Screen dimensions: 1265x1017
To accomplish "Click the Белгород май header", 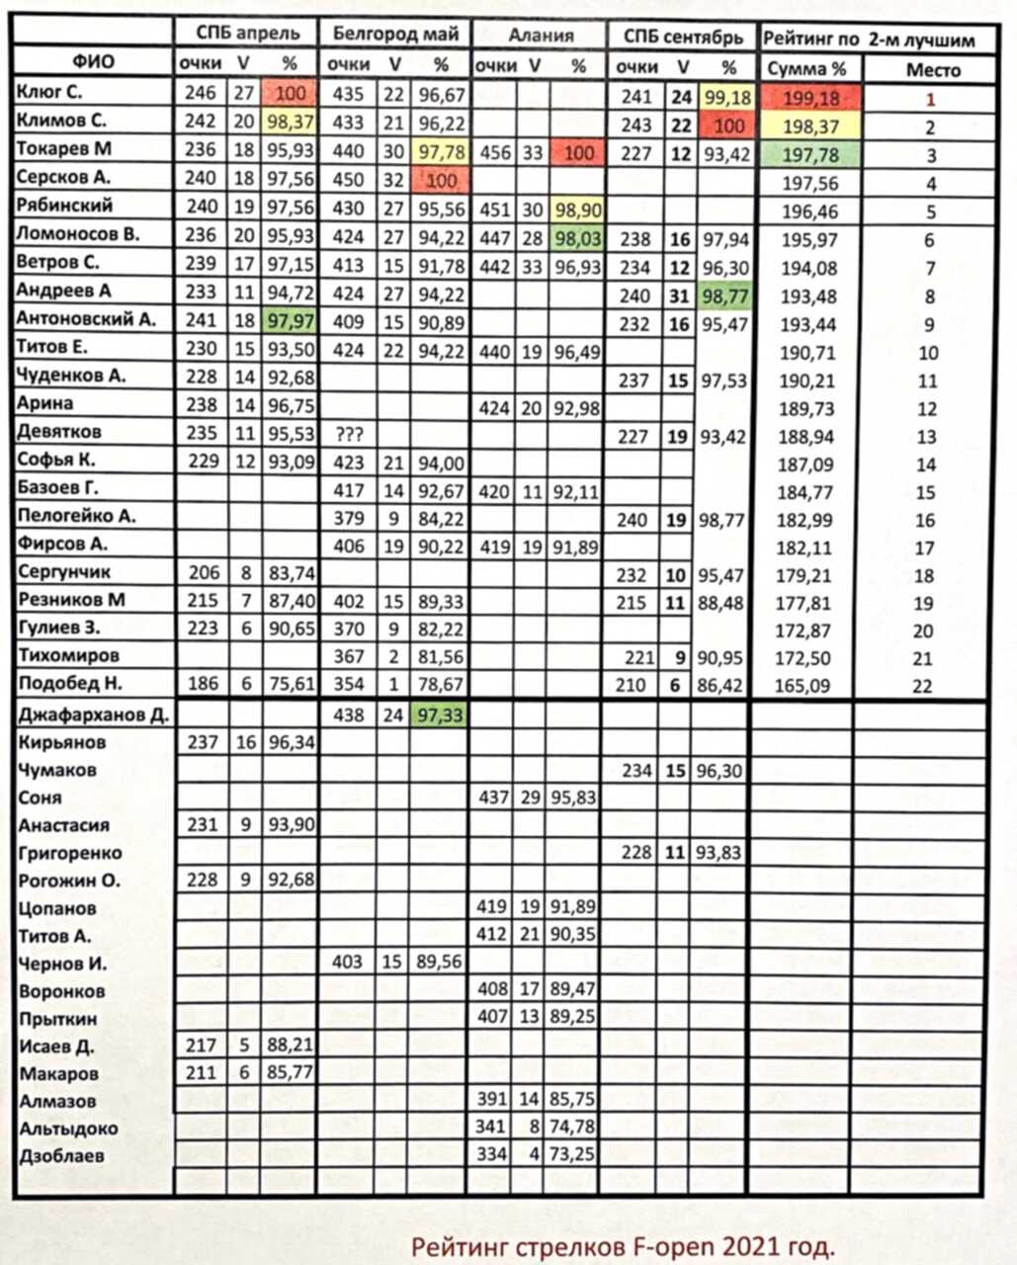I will (395, 35).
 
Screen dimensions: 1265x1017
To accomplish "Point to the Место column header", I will (932, 70).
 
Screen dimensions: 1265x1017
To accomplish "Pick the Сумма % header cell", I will (806, 70).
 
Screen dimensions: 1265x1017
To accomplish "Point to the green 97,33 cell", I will (440, 716).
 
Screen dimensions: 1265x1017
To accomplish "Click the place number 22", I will (922, 686).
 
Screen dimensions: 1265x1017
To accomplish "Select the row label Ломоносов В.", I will (78, 234).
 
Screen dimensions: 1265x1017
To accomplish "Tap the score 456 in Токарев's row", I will (494, 153).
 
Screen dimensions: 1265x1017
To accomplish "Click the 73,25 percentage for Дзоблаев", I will (573, 1154).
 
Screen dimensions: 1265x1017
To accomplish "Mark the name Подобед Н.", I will (69, 684).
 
